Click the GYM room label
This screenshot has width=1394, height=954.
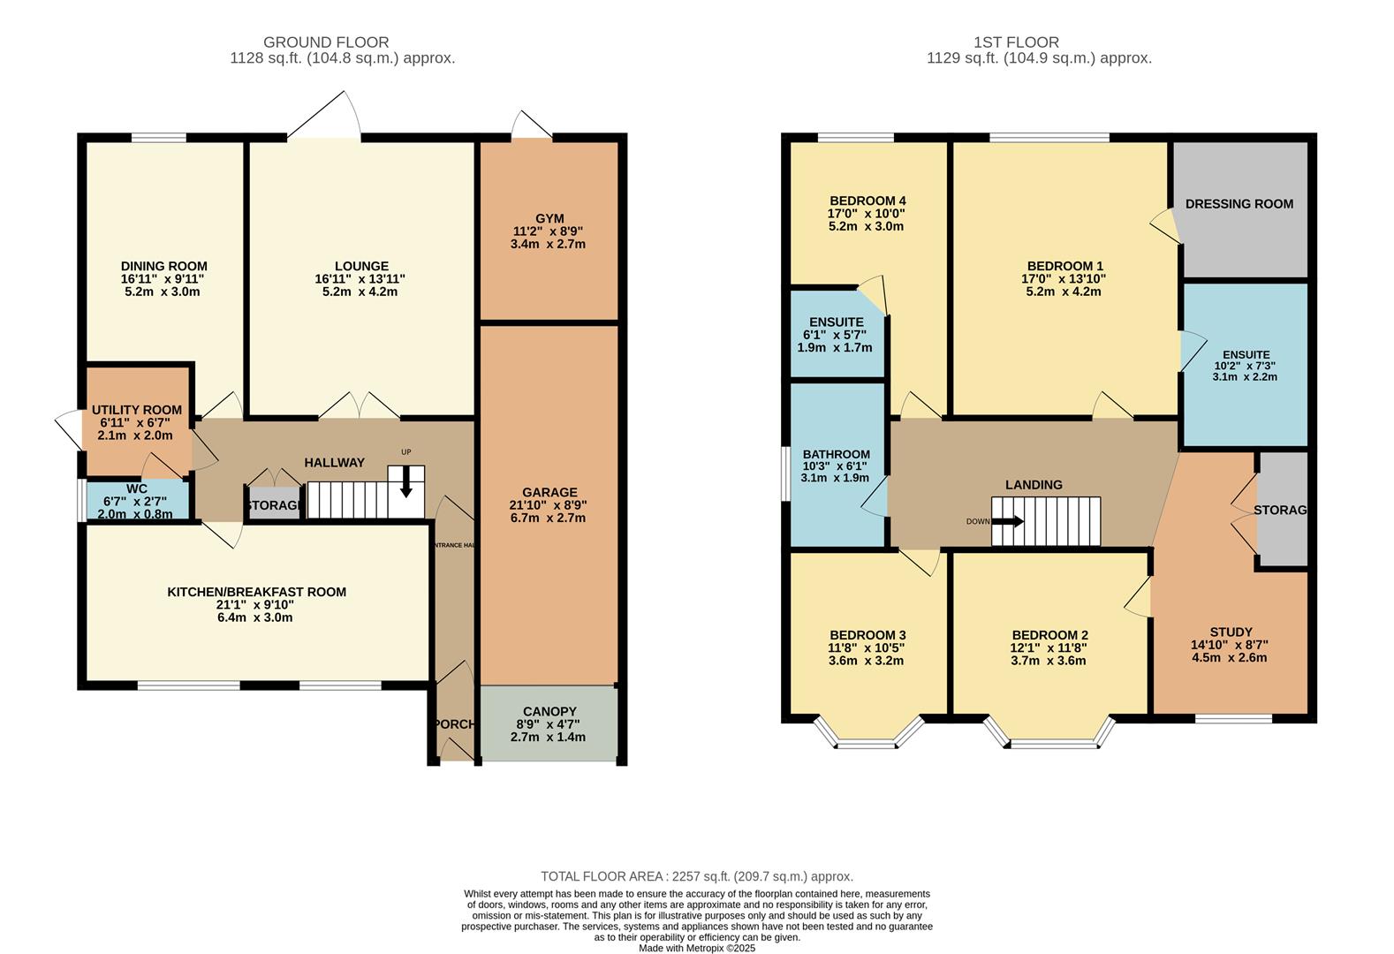pos(549,218)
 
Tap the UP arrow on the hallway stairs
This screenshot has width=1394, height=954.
pos(406,482)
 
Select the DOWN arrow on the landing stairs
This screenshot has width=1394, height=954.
pos(1007,521)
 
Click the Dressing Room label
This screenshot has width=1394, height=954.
pos(1239,204)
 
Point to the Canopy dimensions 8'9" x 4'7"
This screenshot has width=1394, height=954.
pos(549,724)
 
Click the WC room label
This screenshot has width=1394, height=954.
pos(136,488)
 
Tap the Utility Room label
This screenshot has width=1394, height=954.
pos(137,410)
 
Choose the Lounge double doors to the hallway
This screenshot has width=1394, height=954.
pos(359,407)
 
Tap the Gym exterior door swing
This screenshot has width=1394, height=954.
pos(531,127)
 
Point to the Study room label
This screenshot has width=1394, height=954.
pos(1231,632)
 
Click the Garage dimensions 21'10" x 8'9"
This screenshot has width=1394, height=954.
pos(549,505)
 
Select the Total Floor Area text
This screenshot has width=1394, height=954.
pos(696,876)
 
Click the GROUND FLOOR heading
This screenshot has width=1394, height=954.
pos(326,42)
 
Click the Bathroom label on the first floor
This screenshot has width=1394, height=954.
pos(836,454)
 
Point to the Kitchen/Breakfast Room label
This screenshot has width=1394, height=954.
pos(256,592)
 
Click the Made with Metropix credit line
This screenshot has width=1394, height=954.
pos(696,948)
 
